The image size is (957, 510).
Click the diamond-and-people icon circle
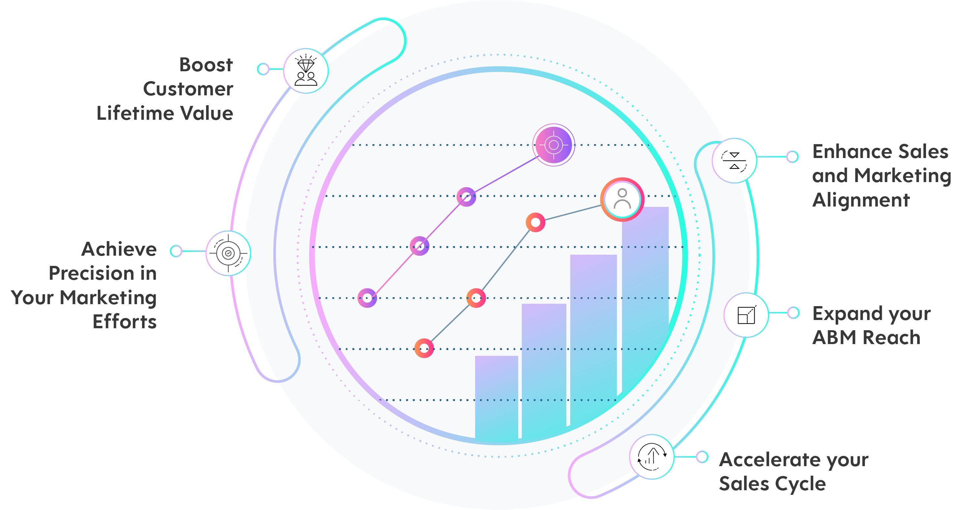306,71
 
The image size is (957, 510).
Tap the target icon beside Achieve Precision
228,253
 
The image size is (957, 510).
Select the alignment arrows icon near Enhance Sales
734,161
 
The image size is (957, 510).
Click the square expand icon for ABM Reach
746,315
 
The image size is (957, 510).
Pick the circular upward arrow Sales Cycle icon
652,457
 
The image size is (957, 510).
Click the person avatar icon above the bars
622,199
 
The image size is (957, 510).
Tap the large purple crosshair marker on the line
553,145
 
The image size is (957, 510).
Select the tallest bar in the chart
645,297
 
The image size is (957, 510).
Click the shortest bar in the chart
496,398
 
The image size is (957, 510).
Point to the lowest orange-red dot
424,348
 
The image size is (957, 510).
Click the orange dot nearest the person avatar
535,223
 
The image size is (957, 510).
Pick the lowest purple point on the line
367,298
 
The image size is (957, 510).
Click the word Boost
206,65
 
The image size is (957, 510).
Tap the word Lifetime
136,113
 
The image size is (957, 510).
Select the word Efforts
125,322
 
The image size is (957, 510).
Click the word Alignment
861,200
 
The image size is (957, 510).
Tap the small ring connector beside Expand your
793,313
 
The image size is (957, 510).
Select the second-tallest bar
593,335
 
